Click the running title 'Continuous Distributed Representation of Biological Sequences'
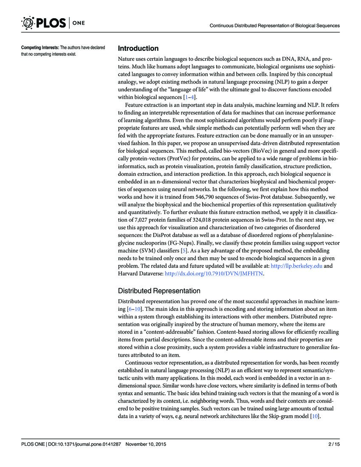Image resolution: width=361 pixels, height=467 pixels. pyautogui.click(x=275, y=25)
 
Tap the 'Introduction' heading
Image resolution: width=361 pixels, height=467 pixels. pyautogui.click(x=138, y=48)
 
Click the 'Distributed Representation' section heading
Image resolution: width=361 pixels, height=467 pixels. pyautogui.click(x=159, y=291)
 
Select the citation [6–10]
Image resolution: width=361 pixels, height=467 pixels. pyautogui.click(x=134, y=308)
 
